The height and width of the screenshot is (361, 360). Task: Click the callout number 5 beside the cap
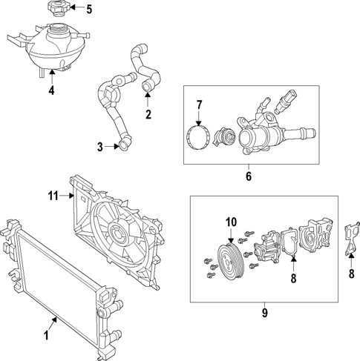(x=89, y=10)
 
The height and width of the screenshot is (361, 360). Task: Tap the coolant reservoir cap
(x=57, y=10)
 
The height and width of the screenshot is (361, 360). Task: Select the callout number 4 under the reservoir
(x=51, y=91)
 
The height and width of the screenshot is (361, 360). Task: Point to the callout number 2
(x=148, y=114)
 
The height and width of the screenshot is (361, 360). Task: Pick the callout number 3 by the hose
(x=100, y=147)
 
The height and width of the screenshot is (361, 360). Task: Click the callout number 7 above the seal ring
(x=198, y=105)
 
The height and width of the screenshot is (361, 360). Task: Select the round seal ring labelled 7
(x=198, y=139)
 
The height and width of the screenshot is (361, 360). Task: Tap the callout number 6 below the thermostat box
(x=249, y=178)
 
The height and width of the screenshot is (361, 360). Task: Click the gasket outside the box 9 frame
(x=352, y=237)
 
